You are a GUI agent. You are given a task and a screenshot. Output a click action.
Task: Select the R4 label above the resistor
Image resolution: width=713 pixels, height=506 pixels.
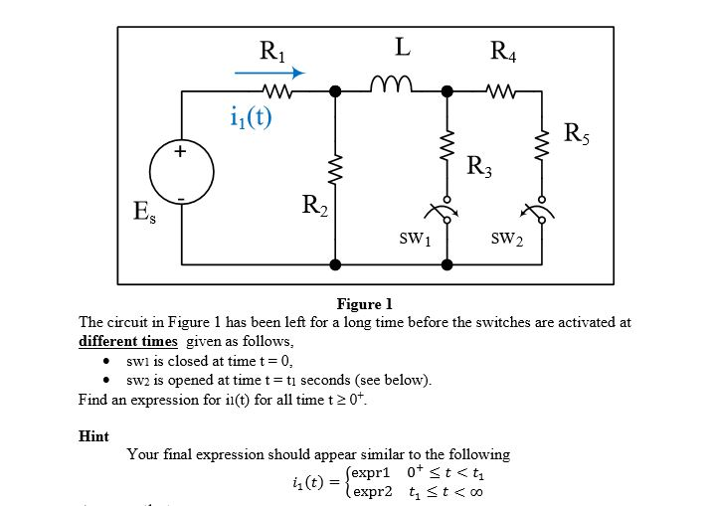click(504, 51)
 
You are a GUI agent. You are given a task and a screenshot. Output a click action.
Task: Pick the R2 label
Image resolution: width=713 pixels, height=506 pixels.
click(312, 208)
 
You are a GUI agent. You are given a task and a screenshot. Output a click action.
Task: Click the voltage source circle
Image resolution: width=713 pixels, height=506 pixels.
click(182, 178)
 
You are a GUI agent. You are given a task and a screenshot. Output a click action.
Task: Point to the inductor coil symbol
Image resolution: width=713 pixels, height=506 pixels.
click(391, 84)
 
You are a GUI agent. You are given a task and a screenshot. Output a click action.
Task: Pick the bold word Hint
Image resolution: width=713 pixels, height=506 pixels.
click(93, 435)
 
